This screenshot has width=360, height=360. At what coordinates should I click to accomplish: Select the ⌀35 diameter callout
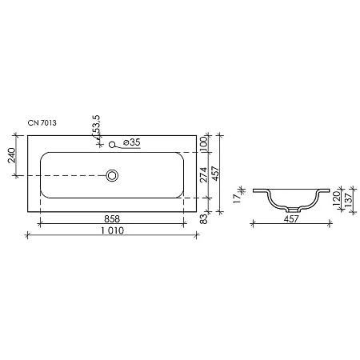click(130, 142)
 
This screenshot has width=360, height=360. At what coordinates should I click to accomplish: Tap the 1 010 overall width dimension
click(112, 231)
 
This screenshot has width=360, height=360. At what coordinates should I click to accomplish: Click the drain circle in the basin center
click(113, 174)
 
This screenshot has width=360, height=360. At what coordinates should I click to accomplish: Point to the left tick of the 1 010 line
click(27, 235)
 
